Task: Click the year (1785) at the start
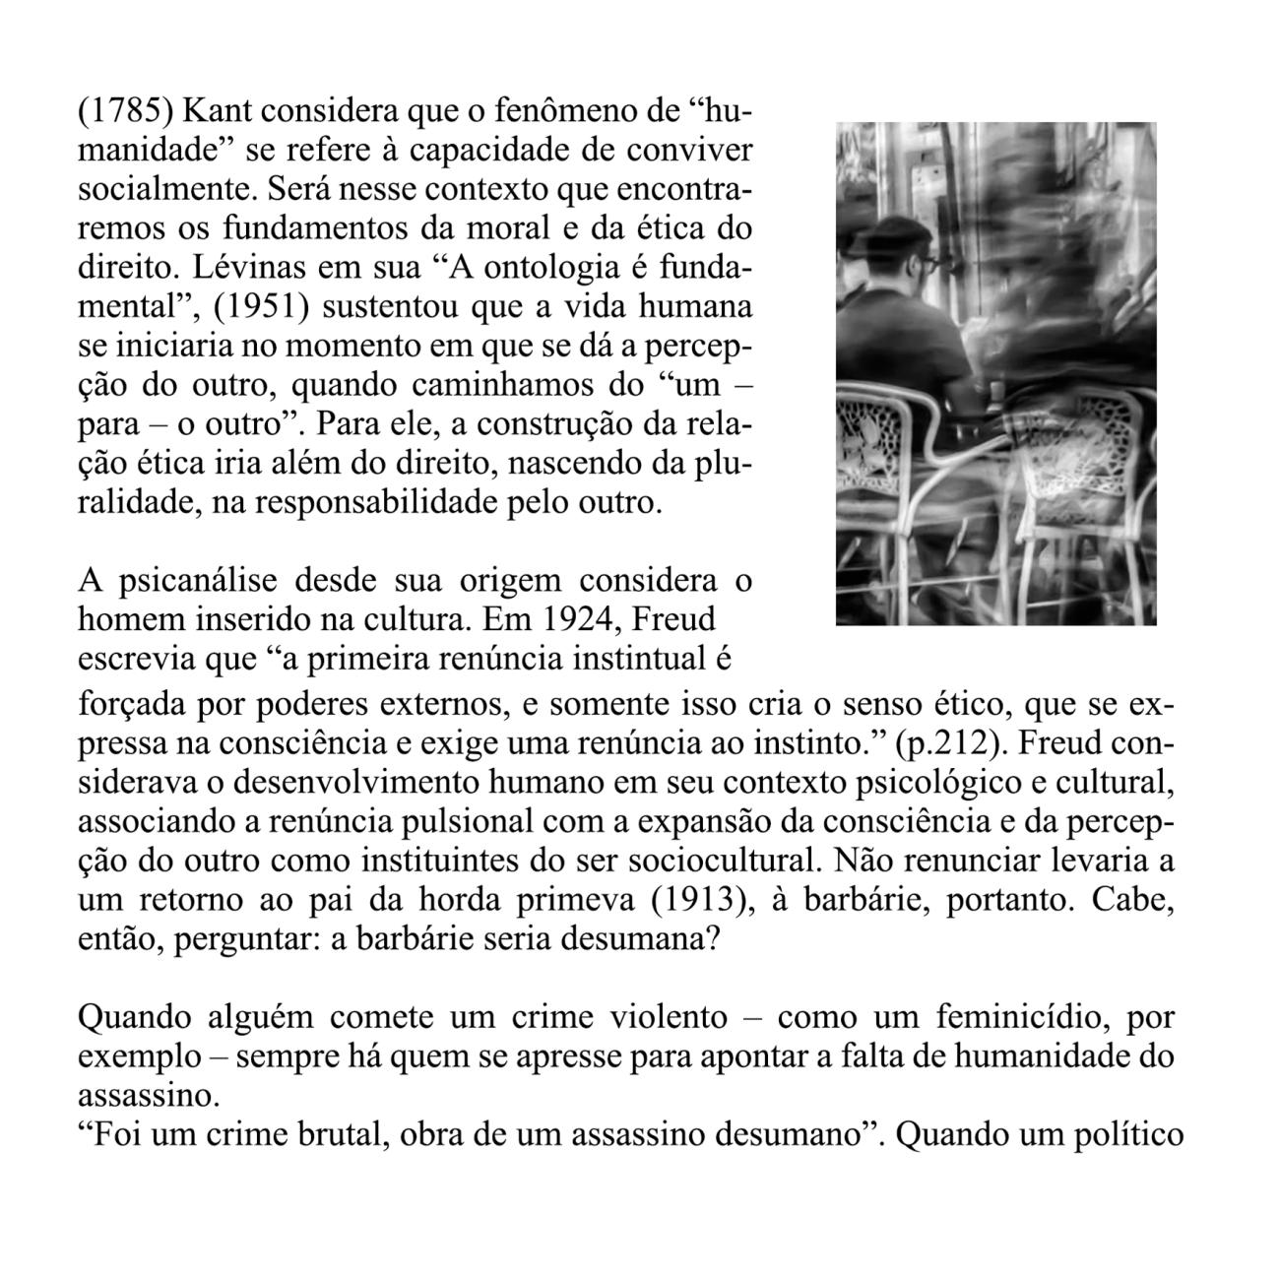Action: point(125,110)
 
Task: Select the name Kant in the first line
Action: point(207,110)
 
